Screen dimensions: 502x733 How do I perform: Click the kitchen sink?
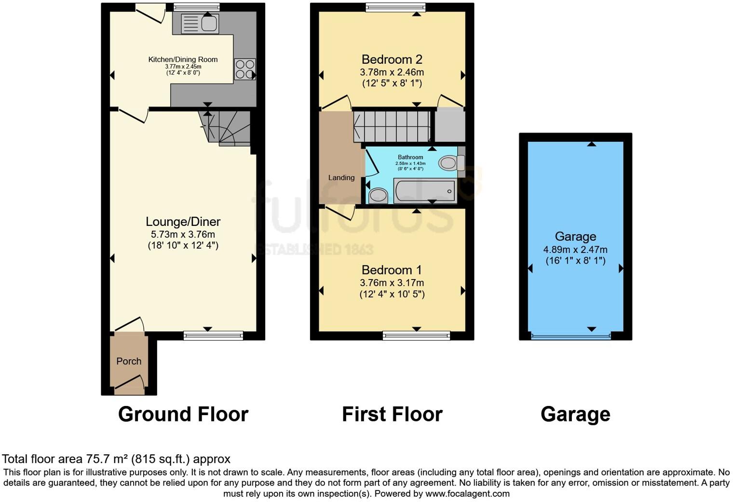(200, 24)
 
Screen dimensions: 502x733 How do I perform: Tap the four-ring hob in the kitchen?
(244, 69)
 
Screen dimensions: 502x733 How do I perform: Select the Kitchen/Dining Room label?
(183, 59)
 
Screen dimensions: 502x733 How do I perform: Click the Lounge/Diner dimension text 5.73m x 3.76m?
(183, 234)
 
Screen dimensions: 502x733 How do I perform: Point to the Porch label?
(129, 361)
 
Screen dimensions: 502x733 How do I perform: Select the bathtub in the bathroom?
(424, 191)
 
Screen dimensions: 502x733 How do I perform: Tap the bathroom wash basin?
(378, 195)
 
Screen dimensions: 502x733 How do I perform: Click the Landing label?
(341, 178)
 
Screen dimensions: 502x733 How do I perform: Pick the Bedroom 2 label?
(392, 59)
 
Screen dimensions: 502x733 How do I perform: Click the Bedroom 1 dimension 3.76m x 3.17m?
(392, 283)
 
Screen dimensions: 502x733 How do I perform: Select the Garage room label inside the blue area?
(575, 237)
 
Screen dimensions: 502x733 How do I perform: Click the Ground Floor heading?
(183, 414)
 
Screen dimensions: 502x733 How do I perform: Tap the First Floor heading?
(392, 414)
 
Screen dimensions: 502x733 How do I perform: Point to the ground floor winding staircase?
(227, 128)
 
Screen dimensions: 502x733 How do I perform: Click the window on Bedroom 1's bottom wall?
(416, 335)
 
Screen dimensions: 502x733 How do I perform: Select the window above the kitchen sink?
(196, 7)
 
